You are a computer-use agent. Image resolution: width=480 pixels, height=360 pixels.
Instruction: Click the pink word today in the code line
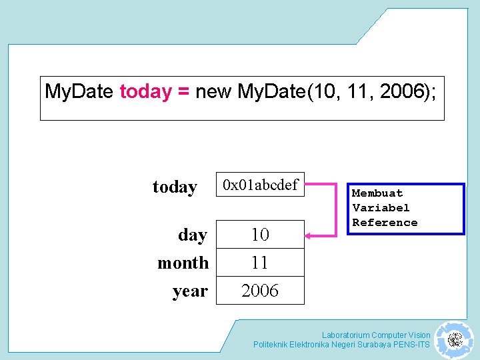(x=145, y=92)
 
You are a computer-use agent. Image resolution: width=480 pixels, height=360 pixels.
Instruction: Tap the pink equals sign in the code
(x=184, y=92)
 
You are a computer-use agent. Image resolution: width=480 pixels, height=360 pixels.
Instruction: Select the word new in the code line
(x=213, y=92)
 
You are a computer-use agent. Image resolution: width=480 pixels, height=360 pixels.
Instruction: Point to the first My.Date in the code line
(x=79, y=92)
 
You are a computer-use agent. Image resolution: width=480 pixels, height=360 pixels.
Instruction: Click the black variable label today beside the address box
(x=175, y=187)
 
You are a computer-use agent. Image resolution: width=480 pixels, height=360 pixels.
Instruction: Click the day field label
(x=193, y=235)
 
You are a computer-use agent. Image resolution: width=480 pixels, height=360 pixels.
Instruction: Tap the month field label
(x=183, y=263)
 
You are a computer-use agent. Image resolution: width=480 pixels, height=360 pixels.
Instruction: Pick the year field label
(x=190, y=291)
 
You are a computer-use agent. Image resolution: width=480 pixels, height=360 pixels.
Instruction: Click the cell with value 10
(x=260, y=235)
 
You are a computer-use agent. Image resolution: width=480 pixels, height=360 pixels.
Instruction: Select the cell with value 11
(x=260, y=263)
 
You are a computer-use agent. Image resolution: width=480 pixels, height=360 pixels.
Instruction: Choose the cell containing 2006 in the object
(x=260, y=291)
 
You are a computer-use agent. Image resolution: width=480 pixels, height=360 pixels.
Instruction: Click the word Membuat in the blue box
(x=377, y=193)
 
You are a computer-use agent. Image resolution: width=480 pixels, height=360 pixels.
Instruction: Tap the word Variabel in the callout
(x=381, y=208)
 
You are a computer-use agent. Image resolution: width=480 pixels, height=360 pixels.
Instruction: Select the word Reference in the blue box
(x=385, y=223)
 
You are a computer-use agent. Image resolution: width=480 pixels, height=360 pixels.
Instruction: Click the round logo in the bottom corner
(x=455, y=340)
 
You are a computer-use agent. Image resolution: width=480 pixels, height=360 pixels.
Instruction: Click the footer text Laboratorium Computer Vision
(x=376, y=335)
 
